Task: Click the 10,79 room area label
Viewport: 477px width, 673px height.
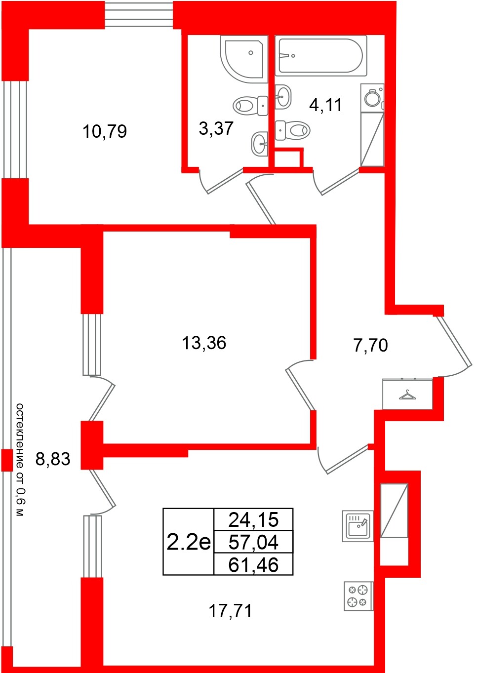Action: click(x=105, y=131)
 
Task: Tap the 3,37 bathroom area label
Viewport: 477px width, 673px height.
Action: click(x=216, y=128)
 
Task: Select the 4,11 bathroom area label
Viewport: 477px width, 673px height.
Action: click(x=325, y=105)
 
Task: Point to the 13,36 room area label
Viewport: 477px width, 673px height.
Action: click(x=204, y=342)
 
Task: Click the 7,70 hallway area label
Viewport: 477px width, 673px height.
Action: click(x=370, y=345)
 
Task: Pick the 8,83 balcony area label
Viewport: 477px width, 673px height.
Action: click(x=53, y=459)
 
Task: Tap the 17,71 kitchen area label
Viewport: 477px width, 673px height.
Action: click(x=230, y=611)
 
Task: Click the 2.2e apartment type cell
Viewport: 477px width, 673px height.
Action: click(x=189, y=542)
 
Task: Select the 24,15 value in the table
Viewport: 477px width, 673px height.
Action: click(x=253, y=519)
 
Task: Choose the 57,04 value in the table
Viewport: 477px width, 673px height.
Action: click(x=253, y=542)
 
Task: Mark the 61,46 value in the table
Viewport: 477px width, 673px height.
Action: click(x=253, y=565)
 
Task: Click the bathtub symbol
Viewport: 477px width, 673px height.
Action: click(x=321, y=56)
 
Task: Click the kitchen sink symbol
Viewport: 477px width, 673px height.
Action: click(x=358, y=526)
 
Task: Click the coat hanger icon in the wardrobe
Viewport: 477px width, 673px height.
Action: click(x=407, y=395)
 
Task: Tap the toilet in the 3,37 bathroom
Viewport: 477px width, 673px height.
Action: click(x=250, y=105)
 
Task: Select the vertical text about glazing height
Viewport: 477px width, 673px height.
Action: click(x=19, y=460)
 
